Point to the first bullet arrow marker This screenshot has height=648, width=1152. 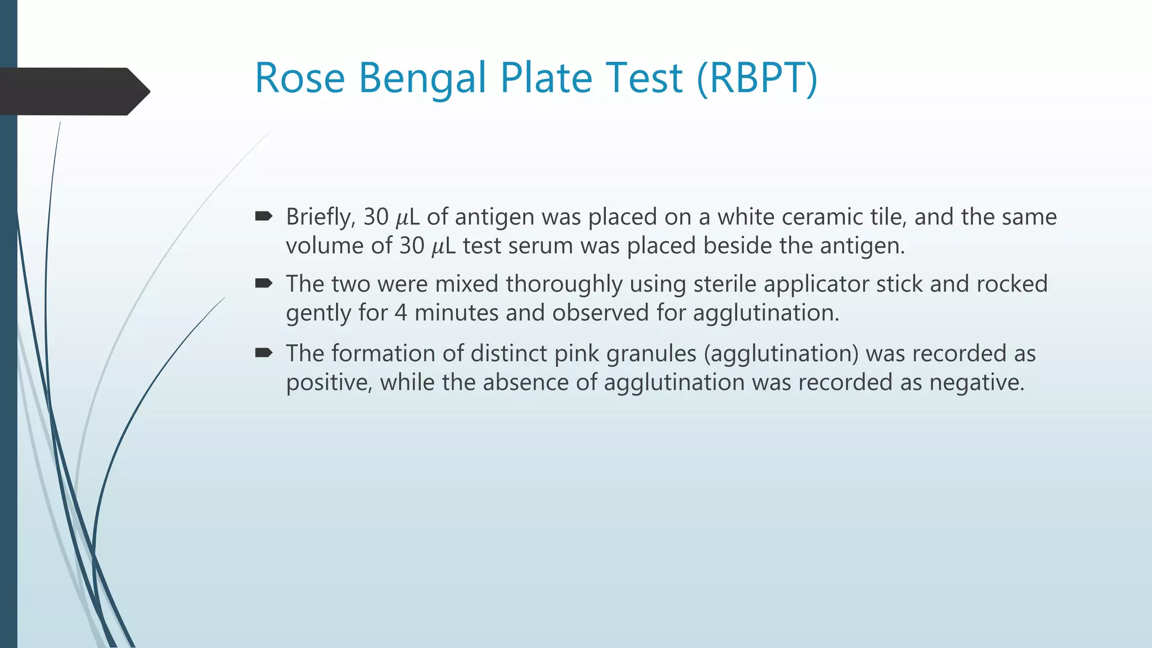(263, 216)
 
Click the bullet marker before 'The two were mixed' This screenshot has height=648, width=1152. (263, 283)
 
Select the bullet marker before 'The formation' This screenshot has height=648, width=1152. (263, 353)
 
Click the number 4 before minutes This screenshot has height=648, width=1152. (400, 313)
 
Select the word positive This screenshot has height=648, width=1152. (328, 383)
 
